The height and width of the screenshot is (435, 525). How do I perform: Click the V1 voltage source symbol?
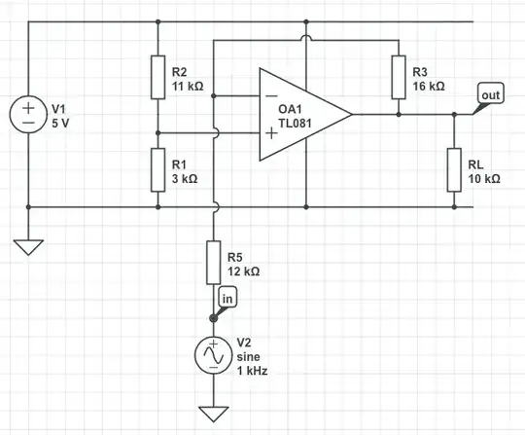click(x=30, y=114)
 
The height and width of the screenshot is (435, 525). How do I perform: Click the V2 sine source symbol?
click(x=212, y=357)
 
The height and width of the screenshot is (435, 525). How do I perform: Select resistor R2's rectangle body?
click(x=157, y=77)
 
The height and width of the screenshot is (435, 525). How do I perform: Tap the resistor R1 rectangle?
click(x=157, y=169)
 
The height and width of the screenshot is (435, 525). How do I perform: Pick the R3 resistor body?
click(x=398, y=77)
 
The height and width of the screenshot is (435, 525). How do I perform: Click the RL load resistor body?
click(x=454, y=169)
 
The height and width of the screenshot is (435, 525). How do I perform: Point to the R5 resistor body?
click(x=212, y=262)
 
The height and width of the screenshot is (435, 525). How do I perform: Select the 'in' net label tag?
click(x=227, y=298)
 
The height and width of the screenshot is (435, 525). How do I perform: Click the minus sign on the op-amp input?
click(x=269, y=96)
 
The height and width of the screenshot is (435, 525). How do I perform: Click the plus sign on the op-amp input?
click(x=269, y=132)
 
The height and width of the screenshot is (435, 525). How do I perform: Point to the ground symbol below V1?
click(x=30, y=247)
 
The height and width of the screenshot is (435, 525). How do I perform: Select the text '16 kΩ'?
click(x=429, y=86)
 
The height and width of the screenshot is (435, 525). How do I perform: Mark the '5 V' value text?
click(x=63, y=124)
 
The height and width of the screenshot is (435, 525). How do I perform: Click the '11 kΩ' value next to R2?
click(x=189, y=86)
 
